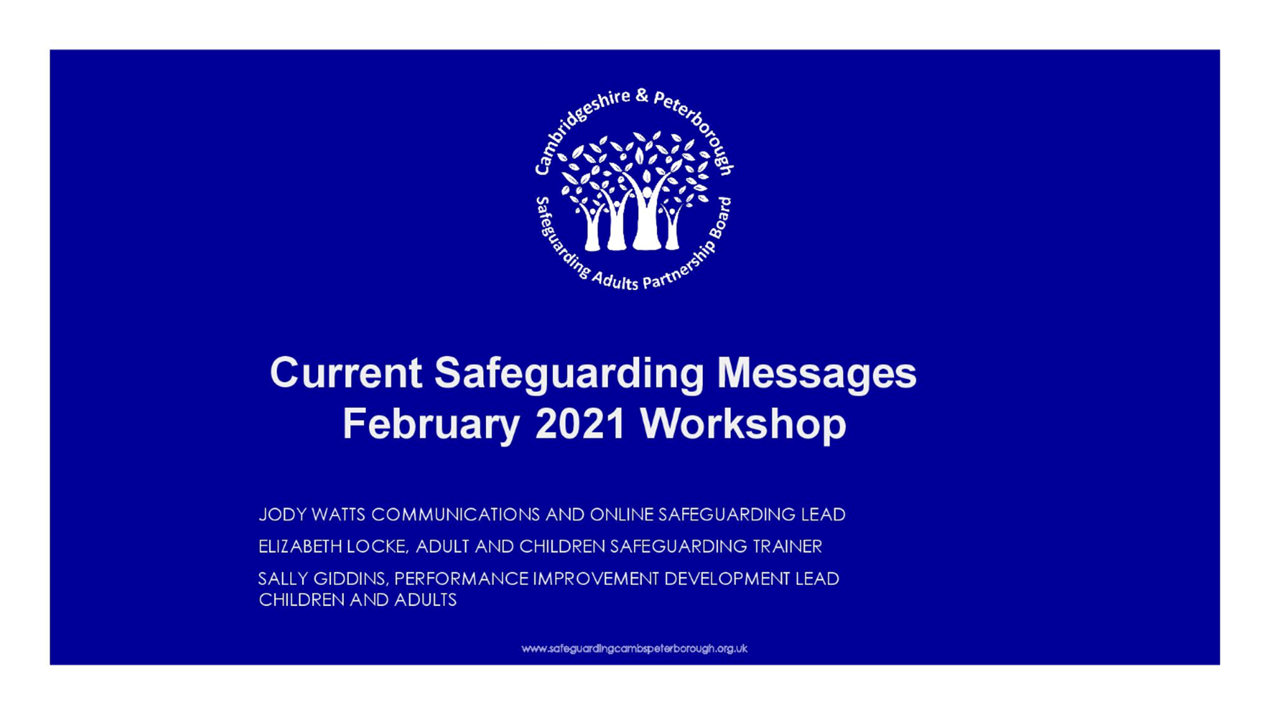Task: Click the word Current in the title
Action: pyautogui.click(x=346, y=372)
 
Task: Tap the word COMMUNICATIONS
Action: pyautogui.click(x=455, y=514)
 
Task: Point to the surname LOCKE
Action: pyautogui.click(x=378, y=547)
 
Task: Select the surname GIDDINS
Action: pyautogui.click(x=351, y=579)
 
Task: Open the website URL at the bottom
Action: pyautogui.click(x=634, y=649)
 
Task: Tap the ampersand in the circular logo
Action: pyautogui.click(x=642, y=96)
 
